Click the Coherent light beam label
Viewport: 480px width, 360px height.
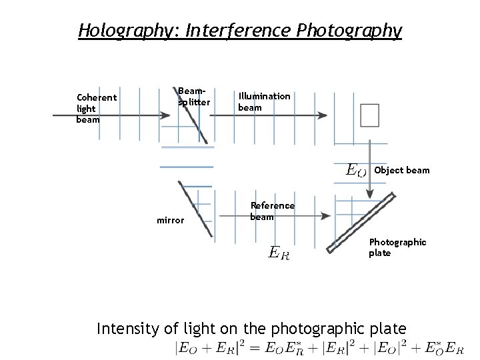96,108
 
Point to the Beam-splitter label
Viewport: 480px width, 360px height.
193,97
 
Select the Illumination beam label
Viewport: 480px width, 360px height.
264,101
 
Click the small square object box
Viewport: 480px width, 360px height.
369,115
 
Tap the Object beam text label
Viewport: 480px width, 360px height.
402,170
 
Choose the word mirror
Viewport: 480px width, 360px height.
170,220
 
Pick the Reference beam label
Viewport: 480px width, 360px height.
271,211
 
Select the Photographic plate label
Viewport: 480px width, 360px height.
397,247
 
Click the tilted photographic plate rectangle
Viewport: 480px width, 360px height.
361,223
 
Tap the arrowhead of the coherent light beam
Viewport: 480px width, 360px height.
164,115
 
